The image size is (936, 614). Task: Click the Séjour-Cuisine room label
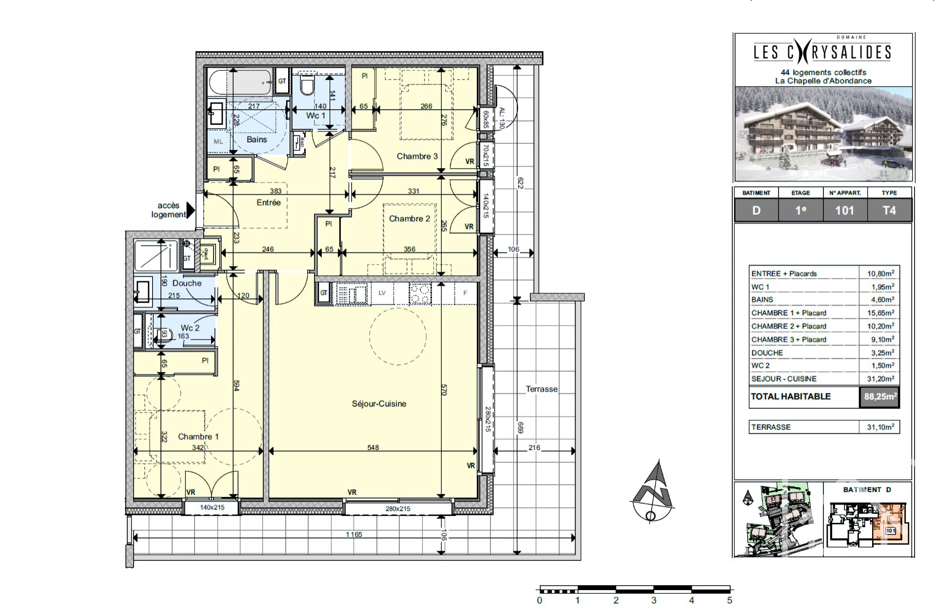(379, 403)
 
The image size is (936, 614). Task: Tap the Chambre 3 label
(417, 156)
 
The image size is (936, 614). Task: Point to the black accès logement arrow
(191, 210)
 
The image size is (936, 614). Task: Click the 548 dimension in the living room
(373, 447)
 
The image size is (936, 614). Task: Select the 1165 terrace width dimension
(354, 535)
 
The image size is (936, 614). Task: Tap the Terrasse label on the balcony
(541, 389)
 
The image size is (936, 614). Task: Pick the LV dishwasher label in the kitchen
(382, 293)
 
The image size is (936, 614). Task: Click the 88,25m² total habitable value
(879, 397)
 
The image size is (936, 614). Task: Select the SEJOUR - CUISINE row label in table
(783, 379)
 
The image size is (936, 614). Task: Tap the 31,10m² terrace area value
(880, 427)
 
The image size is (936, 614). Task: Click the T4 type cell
(889, 211)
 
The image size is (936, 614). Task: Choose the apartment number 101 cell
(844, 211)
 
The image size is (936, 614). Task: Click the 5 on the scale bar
(729, 600)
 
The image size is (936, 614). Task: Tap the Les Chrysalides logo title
(822, 52)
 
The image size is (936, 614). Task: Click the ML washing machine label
(218, 141)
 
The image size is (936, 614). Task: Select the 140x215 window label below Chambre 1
(212, 507)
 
